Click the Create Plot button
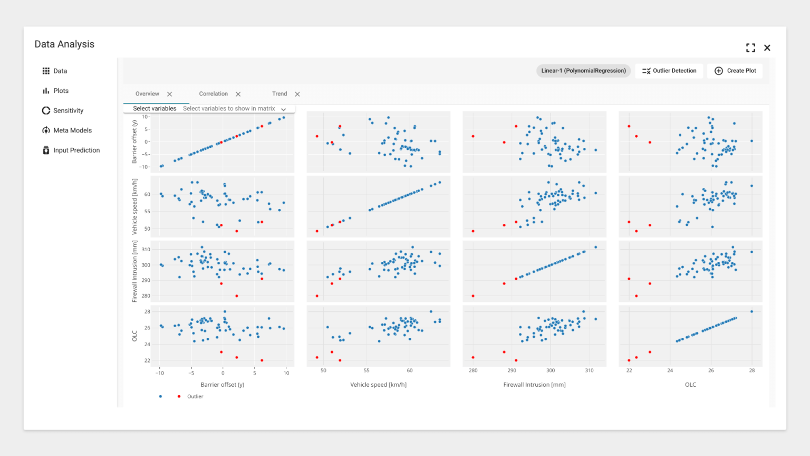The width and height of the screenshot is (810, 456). (x=735, y=71)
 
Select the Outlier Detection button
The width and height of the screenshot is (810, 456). (x=669, y=71)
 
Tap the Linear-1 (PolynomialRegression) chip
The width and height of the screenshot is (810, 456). (x=583, y=71)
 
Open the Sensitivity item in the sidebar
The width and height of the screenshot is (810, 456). (x=68, y=111)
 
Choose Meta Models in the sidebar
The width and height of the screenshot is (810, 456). (x=72, y=130)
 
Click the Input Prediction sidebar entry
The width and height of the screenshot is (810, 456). (x=76, y=150)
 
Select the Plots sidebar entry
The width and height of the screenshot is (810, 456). (x=61, y=91)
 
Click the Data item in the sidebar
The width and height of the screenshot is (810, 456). (x=60, y=71)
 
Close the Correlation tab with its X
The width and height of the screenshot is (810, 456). (x=238, y=94)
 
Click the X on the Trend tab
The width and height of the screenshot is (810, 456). (x=297, y=94)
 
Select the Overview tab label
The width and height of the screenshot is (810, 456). (x=147, y=94)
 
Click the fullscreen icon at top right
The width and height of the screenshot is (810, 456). (x=750, y=48)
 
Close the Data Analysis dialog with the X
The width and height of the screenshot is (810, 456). (x=767, y=48)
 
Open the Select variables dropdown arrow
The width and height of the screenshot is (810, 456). (x=284, y=109)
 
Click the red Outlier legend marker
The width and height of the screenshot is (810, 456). (x=179, y=396)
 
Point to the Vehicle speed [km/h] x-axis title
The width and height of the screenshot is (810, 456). (x=378, y=385)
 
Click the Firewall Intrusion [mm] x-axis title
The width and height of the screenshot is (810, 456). (x=534, y=385)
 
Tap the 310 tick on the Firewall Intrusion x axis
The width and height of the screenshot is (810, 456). (x=589, y=370)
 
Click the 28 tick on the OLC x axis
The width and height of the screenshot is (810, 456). (x=752, y=370)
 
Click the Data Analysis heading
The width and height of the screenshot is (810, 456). (x=64, y=44)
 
